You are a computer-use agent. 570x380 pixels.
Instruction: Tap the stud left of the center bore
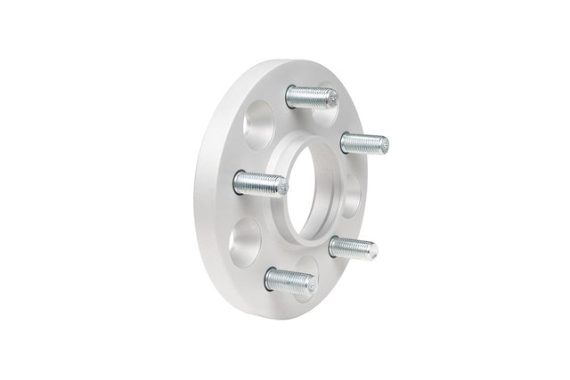[x=260, y=185]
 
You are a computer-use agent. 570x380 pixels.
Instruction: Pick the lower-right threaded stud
[x=353, y=247]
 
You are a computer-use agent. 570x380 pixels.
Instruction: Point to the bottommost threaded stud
[x=289, y=280]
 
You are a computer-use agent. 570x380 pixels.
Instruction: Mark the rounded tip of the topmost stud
[x=332, y=102]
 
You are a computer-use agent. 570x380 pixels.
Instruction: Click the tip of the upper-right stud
[x=383, y=143]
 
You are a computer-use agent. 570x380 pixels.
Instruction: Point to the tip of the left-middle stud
[x=282, y=188]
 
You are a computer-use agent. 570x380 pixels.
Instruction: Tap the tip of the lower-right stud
[x=372, y=253]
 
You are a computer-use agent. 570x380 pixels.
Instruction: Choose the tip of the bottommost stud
[x=310, y=285]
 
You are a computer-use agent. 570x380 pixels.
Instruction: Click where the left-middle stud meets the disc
[x=239, y=182]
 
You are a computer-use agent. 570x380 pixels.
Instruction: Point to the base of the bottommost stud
[x=270, y=277]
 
